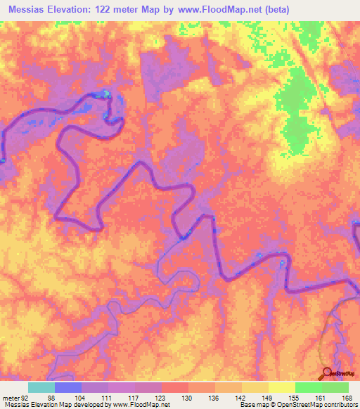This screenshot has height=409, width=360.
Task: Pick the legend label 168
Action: tap(347, 397)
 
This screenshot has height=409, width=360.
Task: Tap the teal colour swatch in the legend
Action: tap(41, 387)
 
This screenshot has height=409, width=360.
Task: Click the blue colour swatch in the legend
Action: tap(68, 387)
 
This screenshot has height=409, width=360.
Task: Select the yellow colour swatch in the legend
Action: tap(281, 387)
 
